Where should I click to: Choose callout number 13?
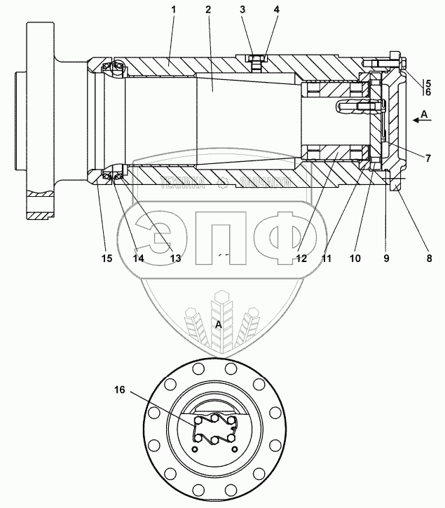[x=175, y=258]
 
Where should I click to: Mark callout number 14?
[x=139, y=258]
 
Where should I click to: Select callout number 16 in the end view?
[x=120, y=390]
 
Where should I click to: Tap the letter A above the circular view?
[x=219, y=324]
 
